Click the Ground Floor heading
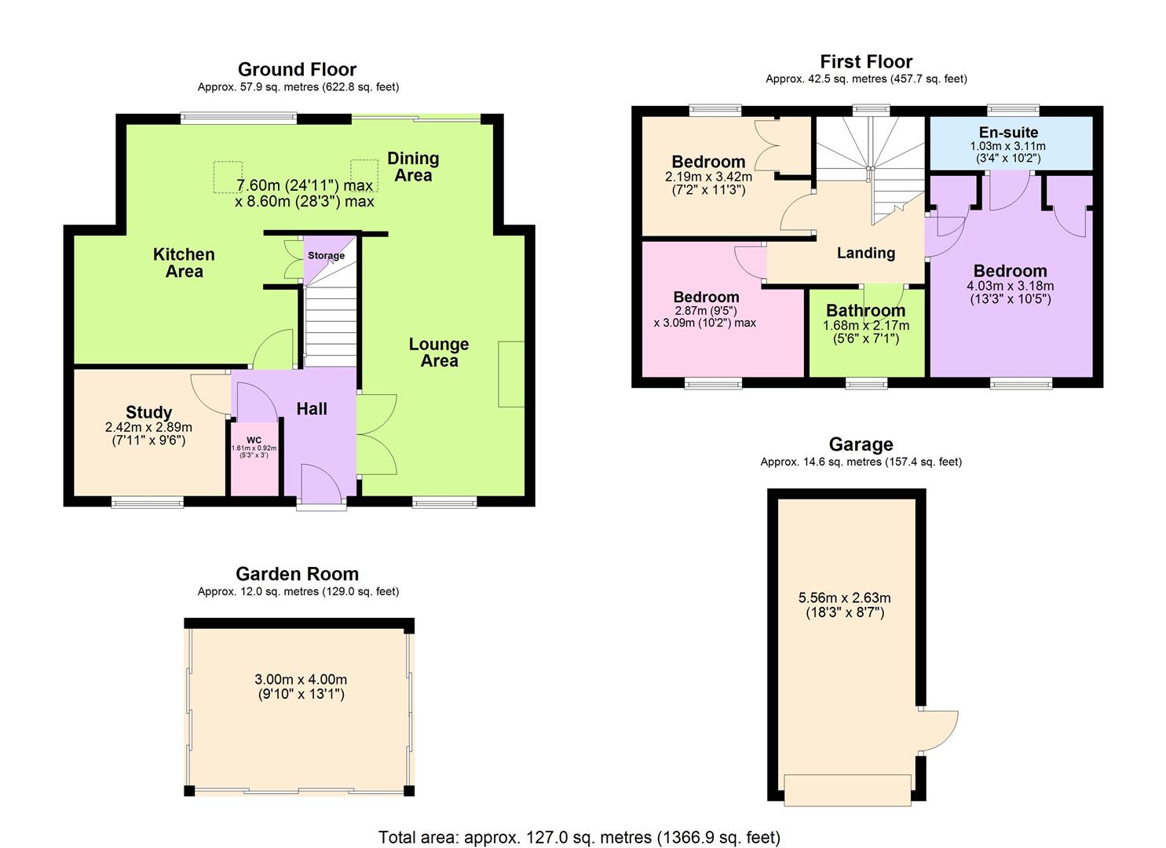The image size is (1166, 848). [x=297, y=69]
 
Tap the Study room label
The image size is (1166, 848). [x=148, y=412]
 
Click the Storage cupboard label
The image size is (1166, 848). [x=326, y=256]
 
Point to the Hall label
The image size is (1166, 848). [x=312, y=408]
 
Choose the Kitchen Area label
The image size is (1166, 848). [x=184, y=263]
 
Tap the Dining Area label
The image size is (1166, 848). [x=413, y=166]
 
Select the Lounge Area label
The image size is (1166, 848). [x=439, y=353]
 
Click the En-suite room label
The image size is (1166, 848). [x=1008, y=133]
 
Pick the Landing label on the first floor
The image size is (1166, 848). [x=865, y=253]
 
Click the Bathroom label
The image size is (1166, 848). [x=865, y=311]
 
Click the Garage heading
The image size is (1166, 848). [x=861, y=444]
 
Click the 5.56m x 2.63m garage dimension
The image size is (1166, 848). [x=844, y=605]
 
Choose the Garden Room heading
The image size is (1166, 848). [x=297, y=574]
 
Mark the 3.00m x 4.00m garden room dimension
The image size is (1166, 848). [x=301, y=686]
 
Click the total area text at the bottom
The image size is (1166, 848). [x=579, y=837]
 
